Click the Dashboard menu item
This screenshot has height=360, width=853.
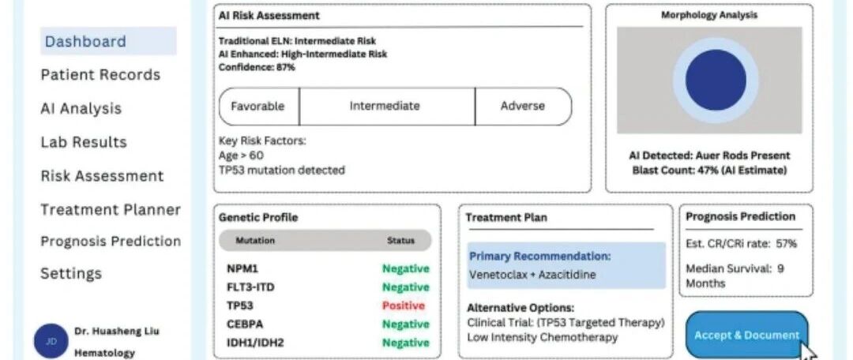pyautogui.click(x=85, y=42)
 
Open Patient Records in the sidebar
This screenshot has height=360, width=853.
pyautogui.click(x=100, y=75)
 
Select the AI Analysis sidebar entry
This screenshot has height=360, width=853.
pyautogui.click(x=81, y=109)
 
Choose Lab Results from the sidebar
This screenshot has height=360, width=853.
pyautogui.click(x=84, y=142)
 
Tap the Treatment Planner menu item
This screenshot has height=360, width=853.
pyautogui.click(x=111, y=210)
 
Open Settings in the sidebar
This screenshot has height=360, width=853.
pyautogui.click(x=71, y=274)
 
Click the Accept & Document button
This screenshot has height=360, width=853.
pyautogui.click(x=746, y=335)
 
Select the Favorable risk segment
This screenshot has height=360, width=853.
pyautogui.click(x=257, y=106)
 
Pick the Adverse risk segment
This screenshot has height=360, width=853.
pyautogui.click(x=522, y=106)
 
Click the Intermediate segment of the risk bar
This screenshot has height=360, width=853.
pyautogui.click(x=385, y=106)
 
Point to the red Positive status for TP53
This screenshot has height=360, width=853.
pyautogui.click(x=404, y=306)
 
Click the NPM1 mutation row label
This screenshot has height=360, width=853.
pyautogui.click(x=242, y=268)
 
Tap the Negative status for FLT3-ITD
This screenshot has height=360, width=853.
pyautogui.click(x=406, y=287)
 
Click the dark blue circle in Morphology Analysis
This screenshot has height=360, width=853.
pyautogui.click(x=716, y=80)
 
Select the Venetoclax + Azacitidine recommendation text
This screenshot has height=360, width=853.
pyautogui.click(x=533, y=275)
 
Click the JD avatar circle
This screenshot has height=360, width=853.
pyautogui.click(x=51, y=341)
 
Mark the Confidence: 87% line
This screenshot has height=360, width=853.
pyautogui.click(x=257, y=68)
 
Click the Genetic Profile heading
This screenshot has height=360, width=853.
pyautogui.click(x=258, y=217)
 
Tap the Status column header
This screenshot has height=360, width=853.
pyautogui.click(x=400, y=241)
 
